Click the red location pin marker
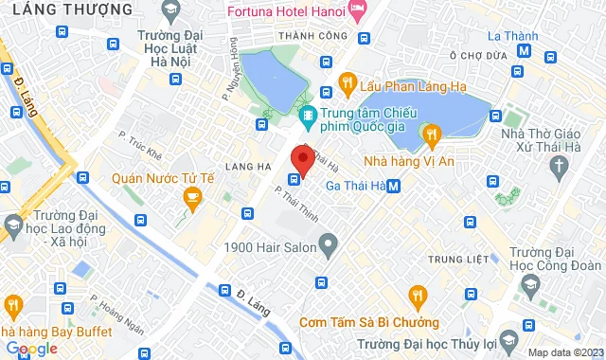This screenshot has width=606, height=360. pyautogui.click(x=302, y=158)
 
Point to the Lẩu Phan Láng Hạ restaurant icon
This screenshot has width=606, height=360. pyautogui.click(x=347, y=81)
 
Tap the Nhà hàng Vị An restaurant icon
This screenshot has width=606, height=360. pyautogui.click(x=433, y=136)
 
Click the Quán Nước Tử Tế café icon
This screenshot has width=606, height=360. pyautogui.click(x=192, y=197)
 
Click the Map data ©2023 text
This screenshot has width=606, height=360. pyautogui.click(x=564, y=352)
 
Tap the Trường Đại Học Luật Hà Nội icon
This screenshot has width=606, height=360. pyautogui.click(x=171, y=13)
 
